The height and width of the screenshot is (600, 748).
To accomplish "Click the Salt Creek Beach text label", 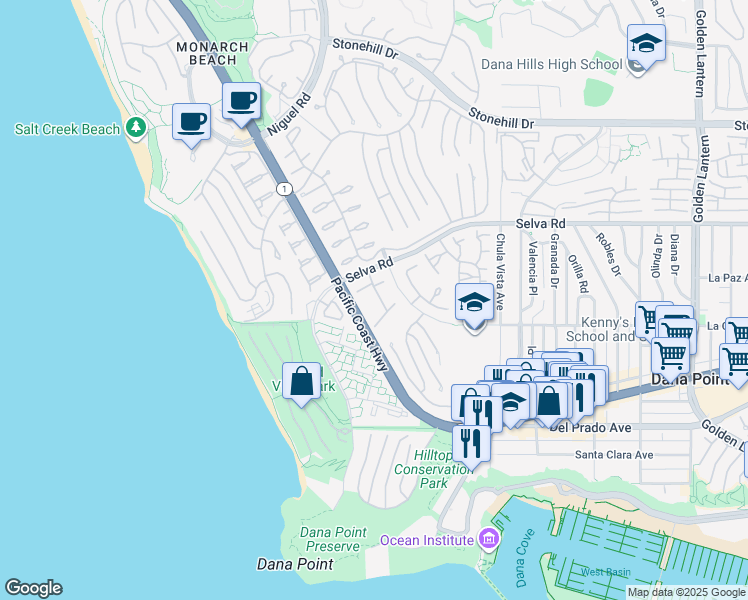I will pos(67,129).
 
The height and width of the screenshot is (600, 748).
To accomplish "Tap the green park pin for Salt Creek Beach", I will pos(137,129).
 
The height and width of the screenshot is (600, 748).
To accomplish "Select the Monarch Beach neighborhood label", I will pos(206,53).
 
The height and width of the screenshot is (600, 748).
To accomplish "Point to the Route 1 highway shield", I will pos(285,188).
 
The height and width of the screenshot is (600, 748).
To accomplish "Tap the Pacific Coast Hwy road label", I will pos(359,324).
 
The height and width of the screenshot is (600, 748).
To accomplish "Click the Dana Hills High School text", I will pos(550,64).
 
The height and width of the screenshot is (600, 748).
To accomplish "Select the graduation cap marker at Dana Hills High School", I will pos(647,45).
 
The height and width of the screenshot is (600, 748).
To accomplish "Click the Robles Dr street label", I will pos(603,255).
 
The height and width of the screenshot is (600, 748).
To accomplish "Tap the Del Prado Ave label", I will pos(590,428).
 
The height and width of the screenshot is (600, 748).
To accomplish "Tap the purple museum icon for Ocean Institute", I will pos(488,540).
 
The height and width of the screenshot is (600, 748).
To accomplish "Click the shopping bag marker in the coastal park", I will pos(301,382).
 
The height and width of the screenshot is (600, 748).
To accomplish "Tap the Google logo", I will pos(33,588).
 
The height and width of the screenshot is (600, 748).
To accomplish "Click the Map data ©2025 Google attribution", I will pos(686,592).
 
